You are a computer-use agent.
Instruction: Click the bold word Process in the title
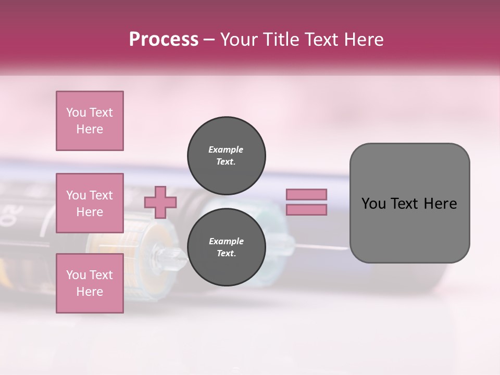pos(164,40)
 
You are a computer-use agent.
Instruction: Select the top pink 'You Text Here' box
pos(90,121)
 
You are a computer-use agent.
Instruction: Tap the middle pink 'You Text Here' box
pos(90,203)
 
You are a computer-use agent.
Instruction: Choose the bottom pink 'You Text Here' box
pos(90,283)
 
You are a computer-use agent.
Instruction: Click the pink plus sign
pos(160,202)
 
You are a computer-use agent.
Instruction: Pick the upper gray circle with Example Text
pos(227,156)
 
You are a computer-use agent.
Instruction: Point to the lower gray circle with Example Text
pos(227,247)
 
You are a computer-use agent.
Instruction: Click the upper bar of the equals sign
pos(307,194)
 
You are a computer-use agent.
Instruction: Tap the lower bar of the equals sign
pos(307,210)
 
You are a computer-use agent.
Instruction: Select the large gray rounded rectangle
pos(409,203)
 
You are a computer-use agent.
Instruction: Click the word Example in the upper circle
pos(226,150)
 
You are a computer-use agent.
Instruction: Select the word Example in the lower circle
pos(226,242)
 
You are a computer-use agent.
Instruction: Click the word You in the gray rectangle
pos(374,204)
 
